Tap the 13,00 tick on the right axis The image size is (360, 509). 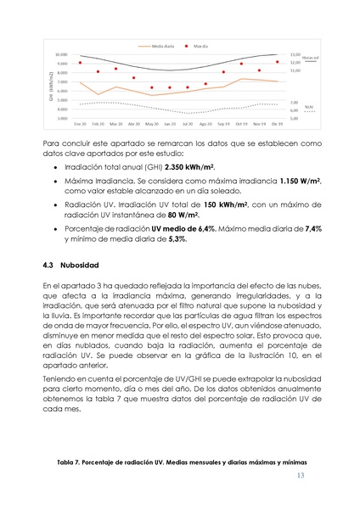point(295,54)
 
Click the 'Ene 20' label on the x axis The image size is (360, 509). point(79,124)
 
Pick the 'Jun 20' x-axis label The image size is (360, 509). point(170,124)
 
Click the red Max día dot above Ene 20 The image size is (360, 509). point(80,63)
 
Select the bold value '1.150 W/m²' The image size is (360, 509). point(301,182)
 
